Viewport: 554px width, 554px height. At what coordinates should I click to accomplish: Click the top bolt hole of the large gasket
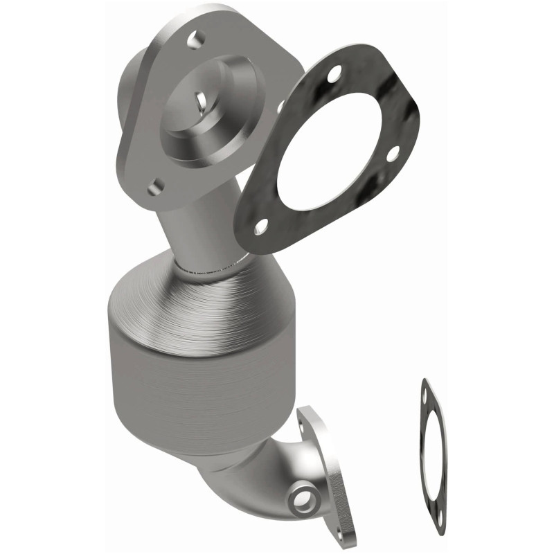point(334,71)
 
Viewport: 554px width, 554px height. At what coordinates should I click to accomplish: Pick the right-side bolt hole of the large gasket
point(392,154)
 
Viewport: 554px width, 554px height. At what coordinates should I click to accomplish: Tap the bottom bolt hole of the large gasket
point(260,225)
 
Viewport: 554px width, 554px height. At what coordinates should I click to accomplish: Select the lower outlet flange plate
point(322,471)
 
